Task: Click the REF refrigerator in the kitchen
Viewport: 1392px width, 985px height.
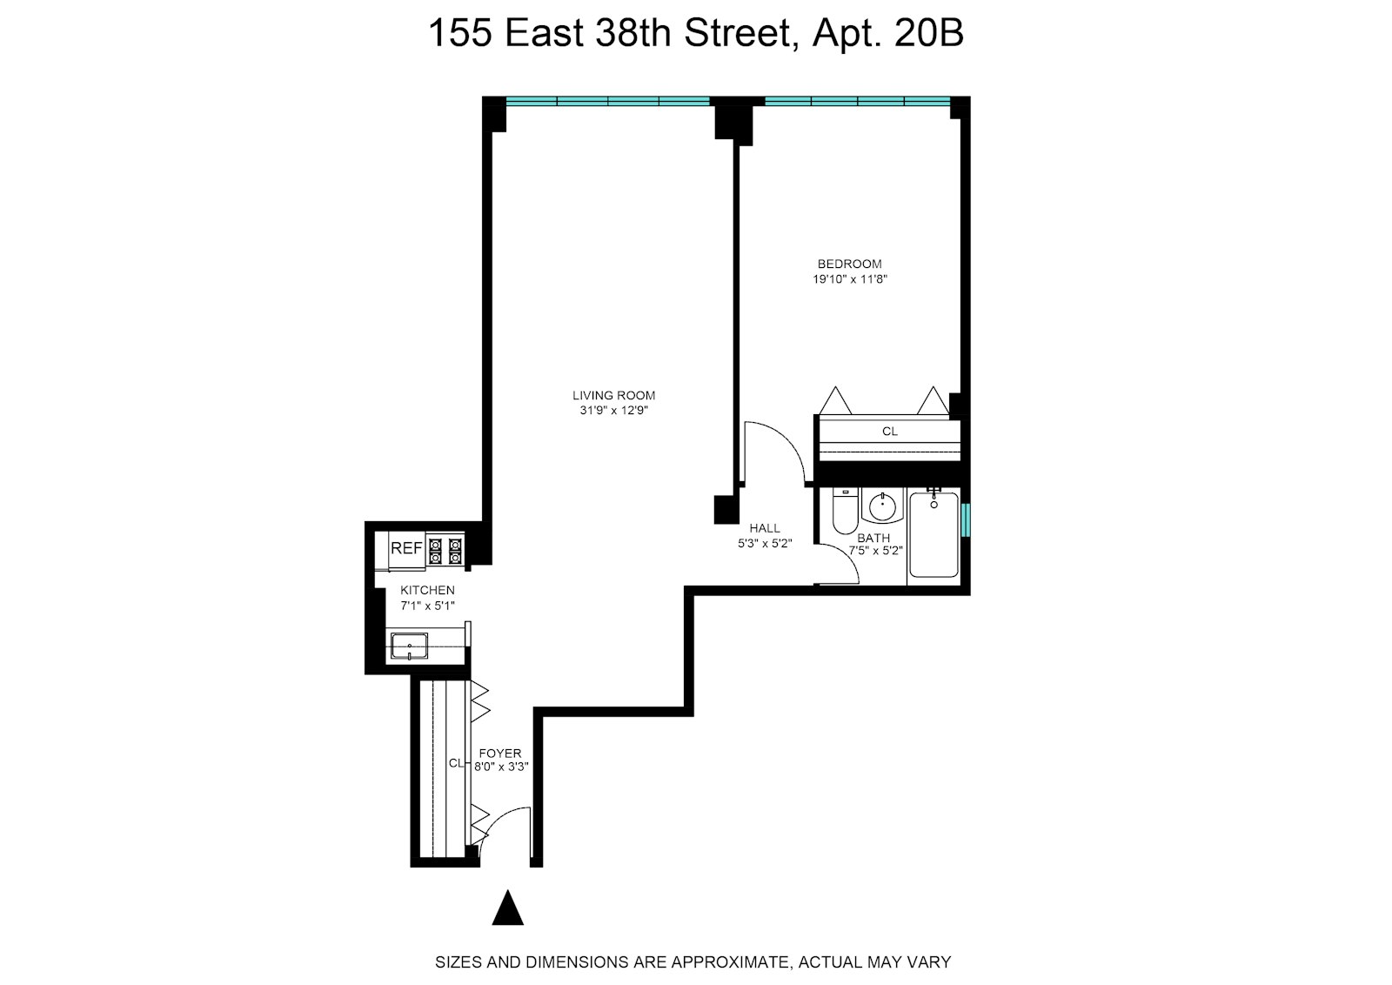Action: (406, 549)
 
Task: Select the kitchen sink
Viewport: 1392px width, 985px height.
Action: (409, 647)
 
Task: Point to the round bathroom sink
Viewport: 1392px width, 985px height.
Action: (884, 506)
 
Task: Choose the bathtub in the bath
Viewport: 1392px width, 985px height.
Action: (934, 535)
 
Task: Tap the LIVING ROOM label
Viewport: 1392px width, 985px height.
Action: (613, 395)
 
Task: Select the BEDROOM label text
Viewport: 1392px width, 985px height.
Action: (849, 264)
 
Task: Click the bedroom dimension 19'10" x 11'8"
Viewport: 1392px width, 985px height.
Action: (849, 279)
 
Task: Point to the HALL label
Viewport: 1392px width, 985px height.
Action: (765, 528)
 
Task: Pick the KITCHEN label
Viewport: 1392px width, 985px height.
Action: (427, 590)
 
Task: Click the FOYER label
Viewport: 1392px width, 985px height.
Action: (500, 754)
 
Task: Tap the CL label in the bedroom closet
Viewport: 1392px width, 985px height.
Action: (889, 432)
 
